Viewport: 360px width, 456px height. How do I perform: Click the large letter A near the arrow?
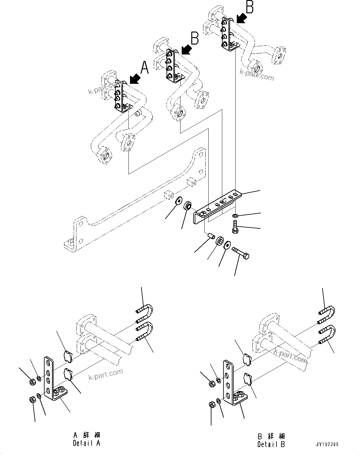coord(145,68)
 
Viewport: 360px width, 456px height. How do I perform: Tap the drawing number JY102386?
coord(327,444)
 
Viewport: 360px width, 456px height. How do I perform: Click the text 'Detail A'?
coord(86,443)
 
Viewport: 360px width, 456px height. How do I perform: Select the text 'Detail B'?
coord(271,444)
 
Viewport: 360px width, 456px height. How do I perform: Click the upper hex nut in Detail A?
coord(32,382)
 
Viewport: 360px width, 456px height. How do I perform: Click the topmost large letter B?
coord(249,7)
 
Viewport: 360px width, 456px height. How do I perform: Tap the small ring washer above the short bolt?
coord(235,216)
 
